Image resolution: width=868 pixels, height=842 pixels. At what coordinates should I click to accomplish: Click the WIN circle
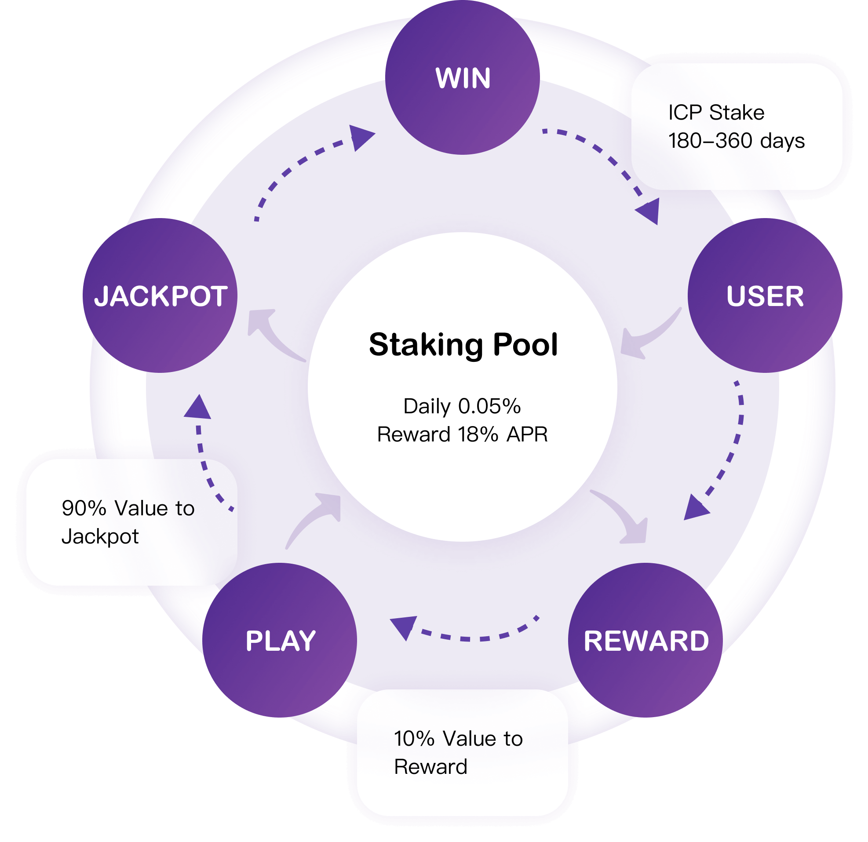462,78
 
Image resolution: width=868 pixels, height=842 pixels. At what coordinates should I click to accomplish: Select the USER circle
765,295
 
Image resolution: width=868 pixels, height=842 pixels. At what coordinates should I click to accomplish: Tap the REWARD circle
646,640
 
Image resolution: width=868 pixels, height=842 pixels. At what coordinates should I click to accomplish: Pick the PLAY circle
280,640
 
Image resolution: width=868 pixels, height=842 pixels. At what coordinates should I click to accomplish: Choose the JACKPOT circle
160,295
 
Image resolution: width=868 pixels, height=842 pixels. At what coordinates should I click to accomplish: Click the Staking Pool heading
463,345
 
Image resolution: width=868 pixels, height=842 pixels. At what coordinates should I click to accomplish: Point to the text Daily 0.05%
462,406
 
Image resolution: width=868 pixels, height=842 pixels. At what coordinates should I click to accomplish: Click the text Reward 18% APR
462,434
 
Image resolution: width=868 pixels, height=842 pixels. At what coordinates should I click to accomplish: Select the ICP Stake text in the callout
716,113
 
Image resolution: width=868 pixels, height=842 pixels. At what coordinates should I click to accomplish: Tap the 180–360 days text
736,141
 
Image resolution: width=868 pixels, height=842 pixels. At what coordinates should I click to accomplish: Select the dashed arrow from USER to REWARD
731,452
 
